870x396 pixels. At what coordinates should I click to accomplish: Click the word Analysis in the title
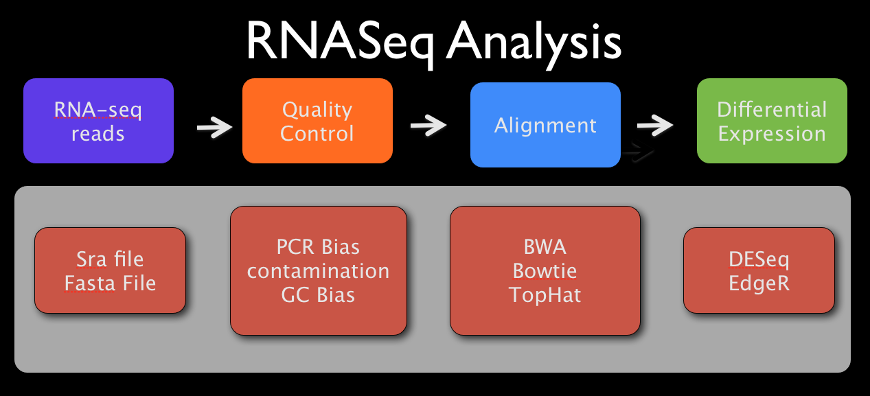point(534,43)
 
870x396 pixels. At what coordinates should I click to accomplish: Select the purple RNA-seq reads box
point(98,121)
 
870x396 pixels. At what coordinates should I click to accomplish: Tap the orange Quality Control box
point(317,121)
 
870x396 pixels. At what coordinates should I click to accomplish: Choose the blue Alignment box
point(545,126)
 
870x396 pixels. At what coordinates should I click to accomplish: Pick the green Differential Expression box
point(772,121)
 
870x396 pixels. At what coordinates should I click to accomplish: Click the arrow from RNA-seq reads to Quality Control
point(214,127)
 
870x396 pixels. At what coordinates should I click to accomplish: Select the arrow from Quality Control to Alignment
point(428,125)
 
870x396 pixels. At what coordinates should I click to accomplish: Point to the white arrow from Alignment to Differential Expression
point(654,125)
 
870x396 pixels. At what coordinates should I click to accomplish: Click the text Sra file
point(110,259)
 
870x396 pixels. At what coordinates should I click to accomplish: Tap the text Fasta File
point(110,283)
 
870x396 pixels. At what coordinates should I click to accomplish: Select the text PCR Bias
point(318,246)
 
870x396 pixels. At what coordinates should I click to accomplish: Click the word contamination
point(318,270)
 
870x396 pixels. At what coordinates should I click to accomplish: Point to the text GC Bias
point(318,295)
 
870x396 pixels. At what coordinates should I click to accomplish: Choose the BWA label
point(545,246)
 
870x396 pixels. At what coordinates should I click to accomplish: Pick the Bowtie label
point(545,270)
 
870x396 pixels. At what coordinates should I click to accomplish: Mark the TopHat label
point(545,295)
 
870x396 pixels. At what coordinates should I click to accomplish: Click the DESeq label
point(759,259)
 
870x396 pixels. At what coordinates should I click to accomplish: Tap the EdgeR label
point(759,283)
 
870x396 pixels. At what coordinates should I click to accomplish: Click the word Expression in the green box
point(772,133)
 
